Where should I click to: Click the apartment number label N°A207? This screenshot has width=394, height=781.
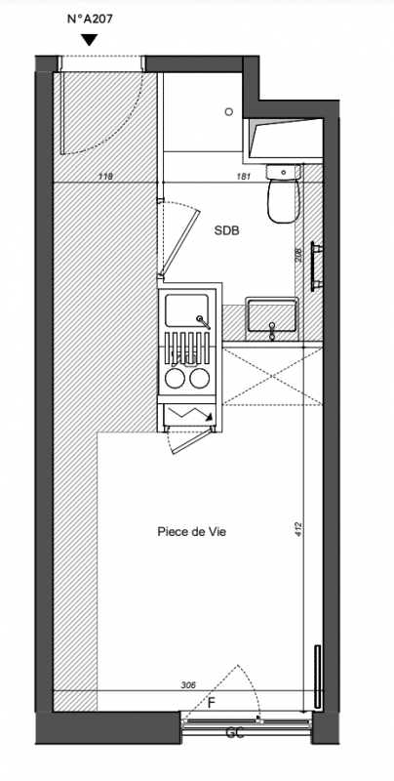pyautogui.click(x=90, y=20)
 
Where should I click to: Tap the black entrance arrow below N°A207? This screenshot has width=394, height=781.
pyautogui.click(x=89, y=40)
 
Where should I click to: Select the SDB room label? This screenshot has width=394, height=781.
pyautogui.click(x=227, y=230)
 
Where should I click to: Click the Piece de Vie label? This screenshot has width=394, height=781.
pyautogui.click(x=192, y=531)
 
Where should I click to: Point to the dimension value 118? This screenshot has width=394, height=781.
pyautogui.click(x=105, y=176)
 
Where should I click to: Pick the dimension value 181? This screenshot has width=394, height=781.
pyautogui.click(x=243, y=176)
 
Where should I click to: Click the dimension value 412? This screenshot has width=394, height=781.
pyautogui.click(x=298, y=529)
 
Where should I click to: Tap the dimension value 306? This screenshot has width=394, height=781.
pyautogui.click(x=188, y=685)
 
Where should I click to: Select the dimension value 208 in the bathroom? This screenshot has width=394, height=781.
pyautogui.click(x=298, y=256)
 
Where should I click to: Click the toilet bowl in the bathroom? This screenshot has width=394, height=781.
pyautogui.click(x=283, y=201)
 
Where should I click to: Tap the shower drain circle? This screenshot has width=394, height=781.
pyautogui.click(x=229, y=112)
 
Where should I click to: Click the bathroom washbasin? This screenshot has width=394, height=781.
pyautogui.click(x=272, y=315)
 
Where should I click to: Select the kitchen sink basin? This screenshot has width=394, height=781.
pyautogui.click(x=186, y=310)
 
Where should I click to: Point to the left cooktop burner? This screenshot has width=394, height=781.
pyautogui.click(x=176, y=379)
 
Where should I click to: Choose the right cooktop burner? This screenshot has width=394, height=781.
pyautogui.click(x=199, y=379)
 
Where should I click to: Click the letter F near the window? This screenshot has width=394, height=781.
pyautogui.click(x=212, y=703)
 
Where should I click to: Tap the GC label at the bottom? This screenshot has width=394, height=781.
pyautogui.click(x=235, y=733)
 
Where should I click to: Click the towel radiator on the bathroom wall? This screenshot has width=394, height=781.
pyautogui.click(x=316, y=266)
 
